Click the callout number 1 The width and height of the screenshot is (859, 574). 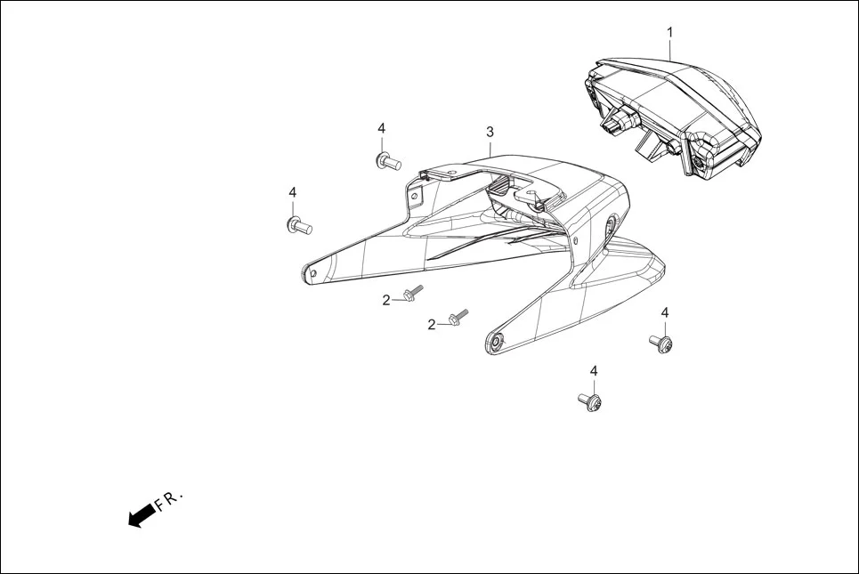click(x=670, y=32)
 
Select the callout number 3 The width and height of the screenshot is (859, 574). click(x=490, y=132)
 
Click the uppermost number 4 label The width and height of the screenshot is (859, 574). click(x=381, y=128)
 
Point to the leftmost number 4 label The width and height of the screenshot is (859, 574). click(x=292, y=192)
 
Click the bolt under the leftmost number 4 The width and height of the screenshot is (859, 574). click(x=297, y=225)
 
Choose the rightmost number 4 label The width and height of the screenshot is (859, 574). click(x=664, y=312)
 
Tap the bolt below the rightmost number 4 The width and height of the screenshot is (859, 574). click(x=661, y=343)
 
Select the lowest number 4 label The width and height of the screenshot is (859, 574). click(x=594, y=370)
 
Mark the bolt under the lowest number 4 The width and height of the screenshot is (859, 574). click(x=591, y=401)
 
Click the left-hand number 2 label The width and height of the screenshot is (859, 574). click(x=386, y=300)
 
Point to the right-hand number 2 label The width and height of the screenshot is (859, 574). click(x=432, y=325)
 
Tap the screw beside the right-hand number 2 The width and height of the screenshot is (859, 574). click(x=458, y=317)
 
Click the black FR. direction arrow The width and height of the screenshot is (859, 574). click(x=141, y=514)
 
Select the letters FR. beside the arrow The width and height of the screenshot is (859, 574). click(x=167, y=498)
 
